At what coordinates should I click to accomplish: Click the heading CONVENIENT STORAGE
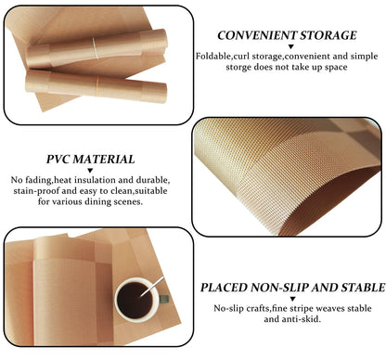click(x=287, y=35)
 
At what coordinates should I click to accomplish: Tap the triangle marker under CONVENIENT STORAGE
click(x=290, y=47)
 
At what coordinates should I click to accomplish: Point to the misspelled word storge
click(x=238, y=67)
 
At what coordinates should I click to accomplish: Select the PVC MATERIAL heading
click(x=91, y=160)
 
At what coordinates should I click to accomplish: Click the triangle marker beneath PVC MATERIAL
click(x=90, y=171)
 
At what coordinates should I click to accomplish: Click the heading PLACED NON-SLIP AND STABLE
click(x=292, y=288)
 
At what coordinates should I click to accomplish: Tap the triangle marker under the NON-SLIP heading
click(x=292, y=299)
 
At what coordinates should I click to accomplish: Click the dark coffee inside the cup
click(x=134, y=300)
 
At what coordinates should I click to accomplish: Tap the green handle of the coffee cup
click(x=164, y=299)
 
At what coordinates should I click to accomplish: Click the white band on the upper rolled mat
click(x=96, y=48)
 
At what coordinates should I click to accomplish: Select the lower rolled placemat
click(x=96, y=86)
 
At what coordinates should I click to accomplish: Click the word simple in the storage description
click(x=364, y=57)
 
